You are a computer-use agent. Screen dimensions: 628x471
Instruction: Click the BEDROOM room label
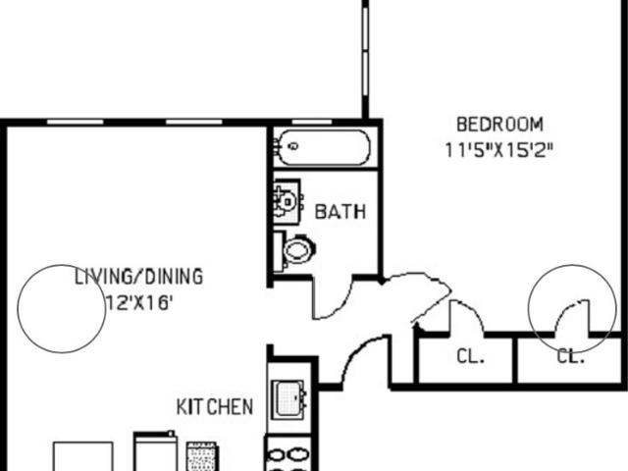tap(499, 125)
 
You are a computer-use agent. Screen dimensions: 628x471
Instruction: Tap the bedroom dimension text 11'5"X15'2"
tap(499, 151)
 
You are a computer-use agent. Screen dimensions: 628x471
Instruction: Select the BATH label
tap(340, 212)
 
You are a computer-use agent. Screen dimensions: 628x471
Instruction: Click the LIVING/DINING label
tap(139, 277)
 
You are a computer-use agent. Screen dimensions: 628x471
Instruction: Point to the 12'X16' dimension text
tap(139, 303)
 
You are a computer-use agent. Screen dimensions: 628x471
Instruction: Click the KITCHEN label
tap(215, 407)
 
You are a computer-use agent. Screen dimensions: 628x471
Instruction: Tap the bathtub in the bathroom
tap(324, 147)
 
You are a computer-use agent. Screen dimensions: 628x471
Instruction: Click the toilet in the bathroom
tap(295, 249)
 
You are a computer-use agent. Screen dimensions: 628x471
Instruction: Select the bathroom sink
tap(288, 202)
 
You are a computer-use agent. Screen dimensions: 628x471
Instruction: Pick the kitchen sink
tap(289, 400)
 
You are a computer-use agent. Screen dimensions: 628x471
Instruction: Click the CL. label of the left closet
tap(471, 356)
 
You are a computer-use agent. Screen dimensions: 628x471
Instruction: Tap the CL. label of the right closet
tap(571, 356)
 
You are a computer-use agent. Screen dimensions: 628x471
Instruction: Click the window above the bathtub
tap(312, 122)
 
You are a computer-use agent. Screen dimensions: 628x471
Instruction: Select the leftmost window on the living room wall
tap(75, 122)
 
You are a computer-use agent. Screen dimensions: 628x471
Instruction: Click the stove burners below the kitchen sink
tap(288, 455)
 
